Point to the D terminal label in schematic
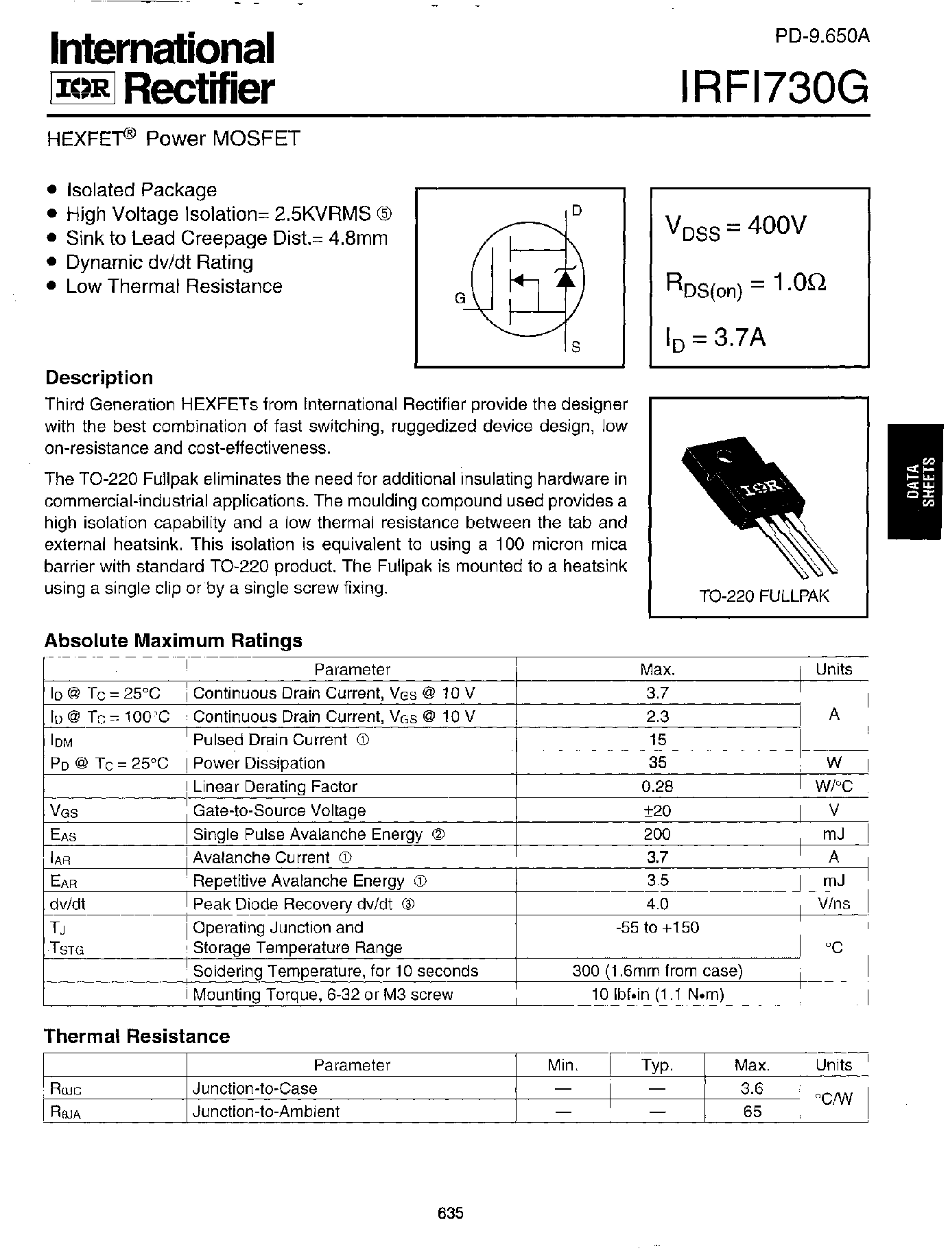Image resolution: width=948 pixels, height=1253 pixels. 577,211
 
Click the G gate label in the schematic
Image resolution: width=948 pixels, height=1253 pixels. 460,298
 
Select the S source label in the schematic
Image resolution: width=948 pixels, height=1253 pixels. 576,347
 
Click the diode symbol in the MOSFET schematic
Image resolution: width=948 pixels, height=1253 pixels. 565,277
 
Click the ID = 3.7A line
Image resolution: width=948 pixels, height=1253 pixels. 715,338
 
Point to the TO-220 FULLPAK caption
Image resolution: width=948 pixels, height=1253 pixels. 763,596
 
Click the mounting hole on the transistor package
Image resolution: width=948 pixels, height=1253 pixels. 722,455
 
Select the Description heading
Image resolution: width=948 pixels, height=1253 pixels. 99,378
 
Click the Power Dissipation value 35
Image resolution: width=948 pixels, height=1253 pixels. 657,762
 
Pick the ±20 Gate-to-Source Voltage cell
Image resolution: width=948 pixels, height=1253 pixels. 657,810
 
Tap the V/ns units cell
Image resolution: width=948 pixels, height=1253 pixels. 833,904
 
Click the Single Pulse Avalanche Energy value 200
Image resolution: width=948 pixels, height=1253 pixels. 657,834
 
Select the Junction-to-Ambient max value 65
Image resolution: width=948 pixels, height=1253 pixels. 752,1111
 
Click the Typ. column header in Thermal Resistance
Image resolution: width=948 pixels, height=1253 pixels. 657,1065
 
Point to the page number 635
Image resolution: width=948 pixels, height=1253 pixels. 451,1213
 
